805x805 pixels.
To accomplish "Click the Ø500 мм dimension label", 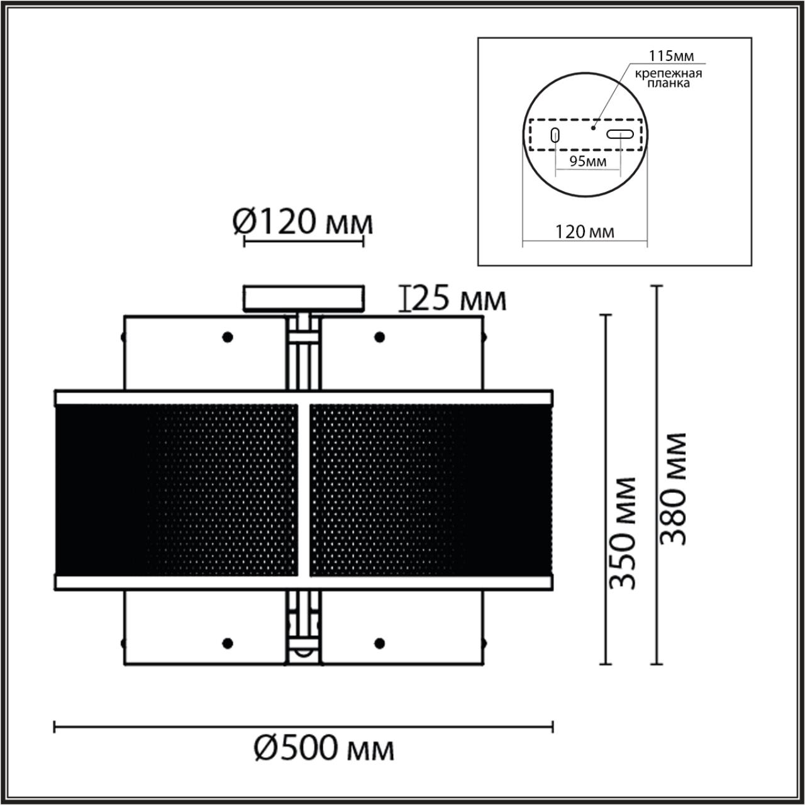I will click(325, 749).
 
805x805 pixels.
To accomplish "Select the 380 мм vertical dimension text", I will click(674, 489).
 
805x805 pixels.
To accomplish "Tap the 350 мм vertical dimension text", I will click(624, 533).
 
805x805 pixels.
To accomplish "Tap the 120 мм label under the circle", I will click(585, 232).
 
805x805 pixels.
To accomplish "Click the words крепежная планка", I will click(668, 78).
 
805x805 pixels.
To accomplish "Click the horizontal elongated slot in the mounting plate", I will click(620, 133).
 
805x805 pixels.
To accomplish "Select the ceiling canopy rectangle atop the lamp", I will click(304, 299).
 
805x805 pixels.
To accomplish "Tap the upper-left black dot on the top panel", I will click(228, 337).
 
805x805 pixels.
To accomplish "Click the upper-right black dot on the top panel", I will click(379, 337).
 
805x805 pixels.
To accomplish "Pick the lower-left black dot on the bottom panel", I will click(228, 643).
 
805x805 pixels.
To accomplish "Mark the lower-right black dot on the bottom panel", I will click(379, 643).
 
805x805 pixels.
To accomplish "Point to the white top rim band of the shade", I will click(304, 397).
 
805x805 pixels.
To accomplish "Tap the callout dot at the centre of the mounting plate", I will click(592, 127).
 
